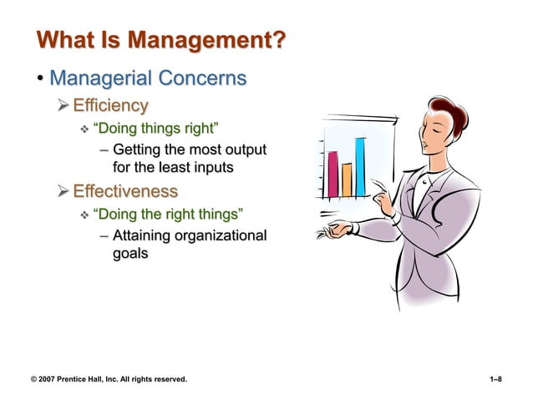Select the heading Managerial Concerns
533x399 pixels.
(x=148, y=78)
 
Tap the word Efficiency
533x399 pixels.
(x=110, y=105)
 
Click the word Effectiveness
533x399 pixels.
(x=125, y=191)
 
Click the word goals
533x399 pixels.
(x=130, y=253)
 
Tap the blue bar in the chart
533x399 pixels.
(x=361, y=166)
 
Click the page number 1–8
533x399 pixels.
(x=495, y=380)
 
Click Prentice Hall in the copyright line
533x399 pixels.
(x=90, y=380)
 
